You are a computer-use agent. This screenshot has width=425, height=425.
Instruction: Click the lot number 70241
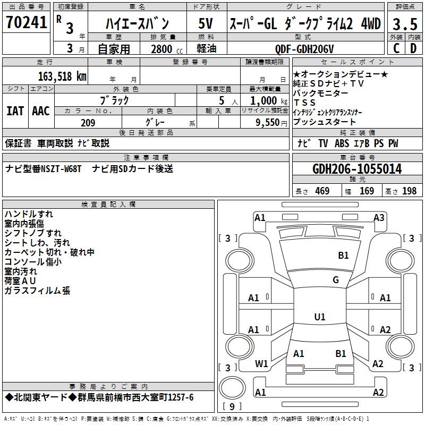(x=25, y=23)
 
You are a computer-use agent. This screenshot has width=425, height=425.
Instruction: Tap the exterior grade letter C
(x=396, y=48)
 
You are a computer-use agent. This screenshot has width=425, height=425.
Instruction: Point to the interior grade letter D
(x=413, y=48)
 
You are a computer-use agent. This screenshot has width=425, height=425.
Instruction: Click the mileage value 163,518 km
(x=62, y=76)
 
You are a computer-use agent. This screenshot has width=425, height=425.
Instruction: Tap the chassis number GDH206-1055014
(x=357, y=169)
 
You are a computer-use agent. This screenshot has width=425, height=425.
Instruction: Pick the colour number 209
(x=88, y=123)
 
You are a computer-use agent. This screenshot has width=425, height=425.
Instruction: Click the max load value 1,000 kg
(x=265, y=100)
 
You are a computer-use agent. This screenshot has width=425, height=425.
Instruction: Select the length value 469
(x=322, y=191)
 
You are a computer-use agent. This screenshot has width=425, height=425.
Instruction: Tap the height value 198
(x=409, y=191)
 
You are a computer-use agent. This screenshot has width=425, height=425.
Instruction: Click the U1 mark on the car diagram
(x=320, y=317)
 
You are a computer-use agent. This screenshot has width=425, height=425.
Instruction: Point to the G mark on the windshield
(x=336, y=280)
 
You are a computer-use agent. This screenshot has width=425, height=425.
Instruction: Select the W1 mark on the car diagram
(x=261, y=364)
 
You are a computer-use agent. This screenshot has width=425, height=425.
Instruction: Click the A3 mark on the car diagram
(x=379, y=217)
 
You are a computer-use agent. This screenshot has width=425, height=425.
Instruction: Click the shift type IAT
(x=15, y=110)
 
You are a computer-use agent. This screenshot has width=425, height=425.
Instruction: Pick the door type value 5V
(x=206, y=23)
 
